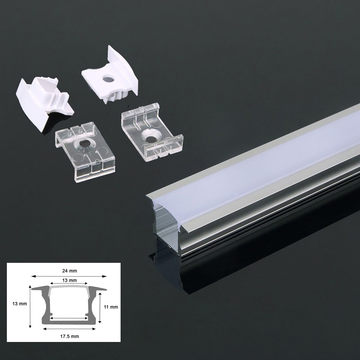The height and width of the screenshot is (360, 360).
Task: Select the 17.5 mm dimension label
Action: click(69, 336)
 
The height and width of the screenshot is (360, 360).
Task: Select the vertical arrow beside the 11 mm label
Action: click(99, 308)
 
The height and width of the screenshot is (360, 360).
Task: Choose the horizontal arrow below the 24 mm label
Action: click(69, 276)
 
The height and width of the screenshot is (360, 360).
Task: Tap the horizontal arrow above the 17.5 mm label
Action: click(69, 329)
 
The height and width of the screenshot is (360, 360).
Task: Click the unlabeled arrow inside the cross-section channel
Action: click(69, 318)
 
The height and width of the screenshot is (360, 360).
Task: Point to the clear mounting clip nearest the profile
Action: click(152, 133)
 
